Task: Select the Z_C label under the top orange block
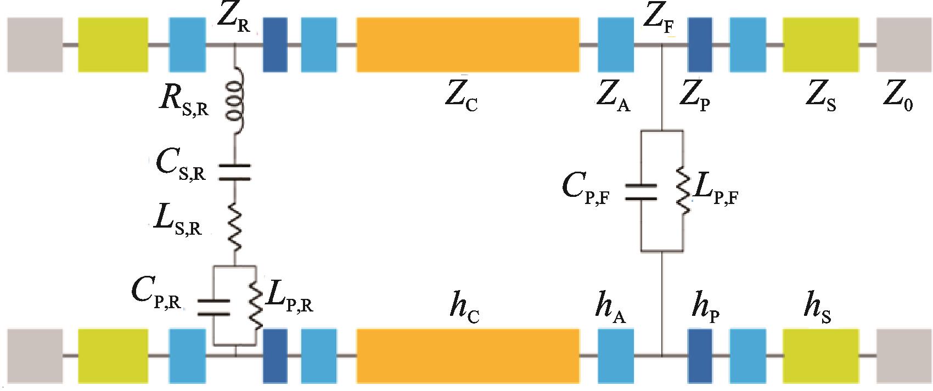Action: point(462,99)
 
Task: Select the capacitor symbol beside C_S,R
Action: point(234,172)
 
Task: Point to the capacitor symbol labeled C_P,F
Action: point(642,191)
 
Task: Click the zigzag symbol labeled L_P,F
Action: point(683,191)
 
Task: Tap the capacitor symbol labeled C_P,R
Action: point(213,307)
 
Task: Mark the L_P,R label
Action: point(289,299)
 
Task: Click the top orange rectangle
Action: point(468,44)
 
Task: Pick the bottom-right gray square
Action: point(903,355)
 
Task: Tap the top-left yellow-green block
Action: point(113,44)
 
